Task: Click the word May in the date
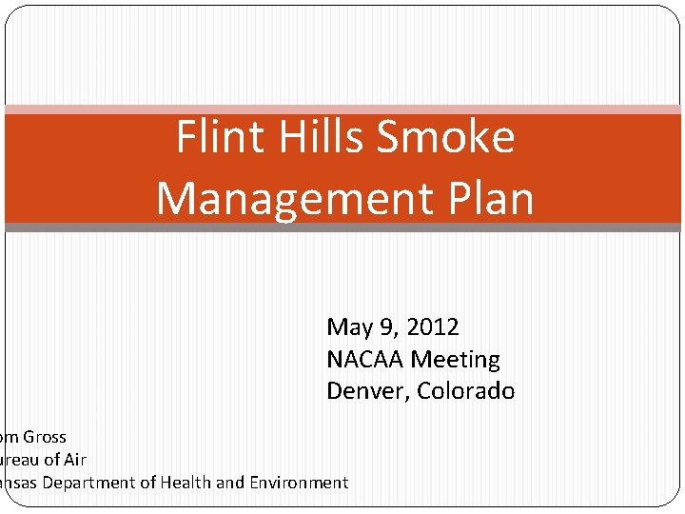click(349, 327)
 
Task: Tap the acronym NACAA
click(365, 360)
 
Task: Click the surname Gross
click(45, 437)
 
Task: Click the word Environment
click(299, 483)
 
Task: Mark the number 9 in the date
click(388, 327)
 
